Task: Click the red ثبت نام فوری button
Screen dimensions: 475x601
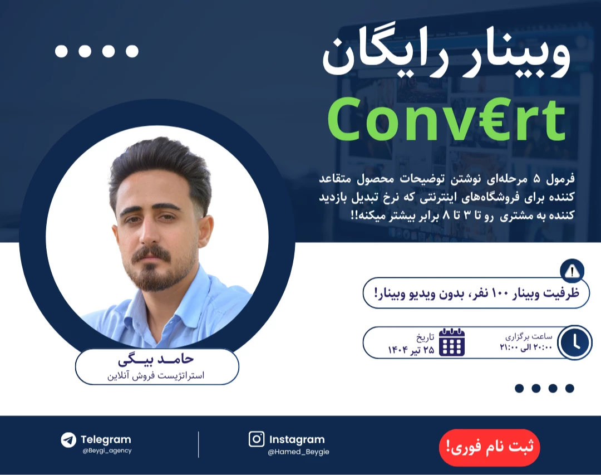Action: pos(489,447)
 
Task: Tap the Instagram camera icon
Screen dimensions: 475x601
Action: pos(257,439)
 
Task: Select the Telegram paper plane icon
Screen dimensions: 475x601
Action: pos(68,440)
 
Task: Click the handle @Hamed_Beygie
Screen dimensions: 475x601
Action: pos(298,452)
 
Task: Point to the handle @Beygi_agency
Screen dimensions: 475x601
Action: pos(106,450)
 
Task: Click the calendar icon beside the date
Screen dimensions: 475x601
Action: pos(452,342)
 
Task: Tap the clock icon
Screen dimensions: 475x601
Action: pos(575,342)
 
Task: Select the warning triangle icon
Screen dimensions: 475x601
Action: pos(572,272)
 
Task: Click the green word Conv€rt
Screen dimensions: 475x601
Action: pos(446,120)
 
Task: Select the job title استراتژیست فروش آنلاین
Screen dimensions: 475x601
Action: pos(156,375)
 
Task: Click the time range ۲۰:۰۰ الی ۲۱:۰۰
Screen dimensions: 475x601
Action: pos(526,348)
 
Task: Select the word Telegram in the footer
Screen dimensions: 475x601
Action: pos(106,439)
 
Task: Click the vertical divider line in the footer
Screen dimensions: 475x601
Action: pos(199,444)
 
